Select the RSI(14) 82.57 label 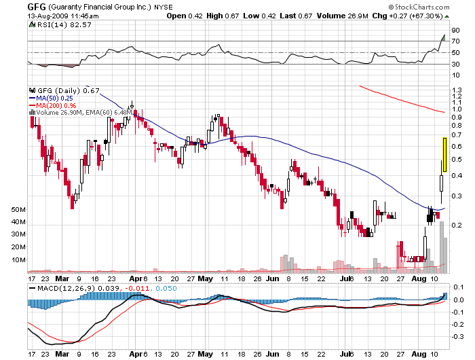[x=52, y=24]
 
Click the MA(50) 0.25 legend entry [x=54, y=98]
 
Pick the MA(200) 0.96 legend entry [x=55, y=105]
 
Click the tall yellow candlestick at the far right [x=444, y=154]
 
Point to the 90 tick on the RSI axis [x=457, y=30]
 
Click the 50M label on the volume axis [x=18, y=211]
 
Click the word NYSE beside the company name [x=162, y=7]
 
